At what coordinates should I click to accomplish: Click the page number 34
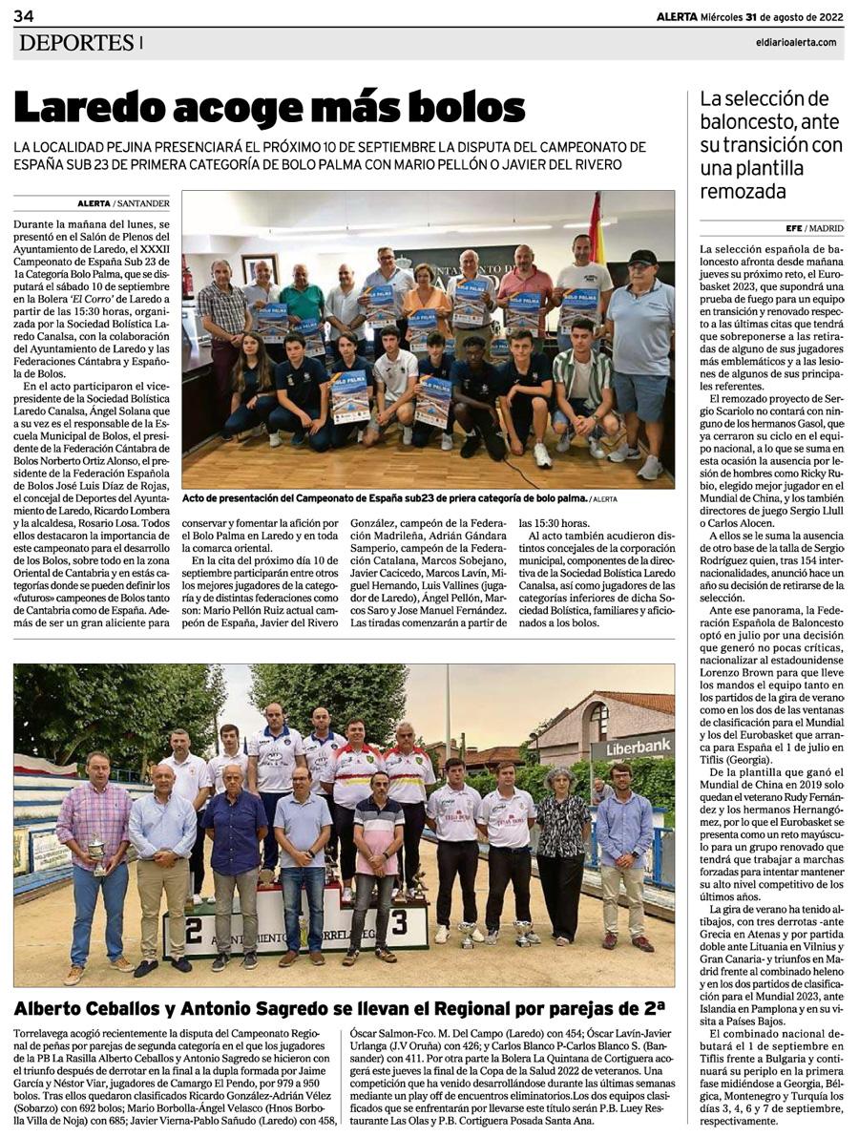click(24, 16)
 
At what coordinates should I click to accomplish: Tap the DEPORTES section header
click(75, 42)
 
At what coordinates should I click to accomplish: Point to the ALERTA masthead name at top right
click(676, 15)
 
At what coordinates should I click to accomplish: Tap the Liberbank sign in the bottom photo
click(631, 749)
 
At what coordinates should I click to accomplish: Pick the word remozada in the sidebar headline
click(743, 191)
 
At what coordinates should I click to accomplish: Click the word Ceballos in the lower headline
click(137, 1008)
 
